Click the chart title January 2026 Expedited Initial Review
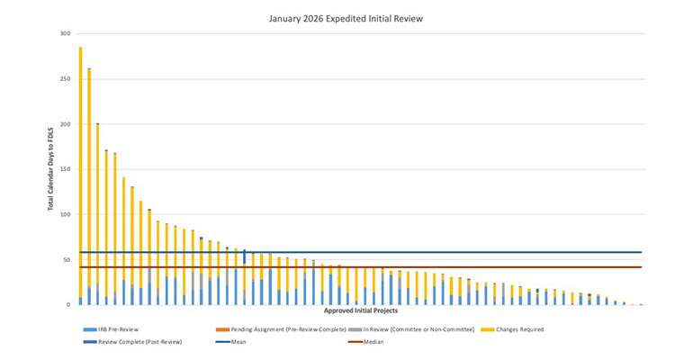pyautogui.click(x=337, y=17)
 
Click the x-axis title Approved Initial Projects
pyautogui.click(x=360, y=311)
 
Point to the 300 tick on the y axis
pyautogui.click(x=65, y=34)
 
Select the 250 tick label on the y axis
pyautogui.click(x=65, y=79)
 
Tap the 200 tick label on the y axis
pyautogui.click(x=65, y=124)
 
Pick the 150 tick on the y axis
pyautogui.click(x=65, y=169)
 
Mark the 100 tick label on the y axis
pyautogui.click(x=65, y=214)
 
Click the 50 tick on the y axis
pyautogui.click(x=67, y=259)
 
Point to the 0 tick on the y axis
pyautogui.click(x=68, y=304)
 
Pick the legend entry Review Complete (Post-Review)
pyautogui.click(x=127, y=342)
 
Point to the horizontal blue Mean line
pyautogui.click(x=360, y=252)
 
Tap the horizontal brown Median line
pyautogui.click(x=360, y=266)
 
